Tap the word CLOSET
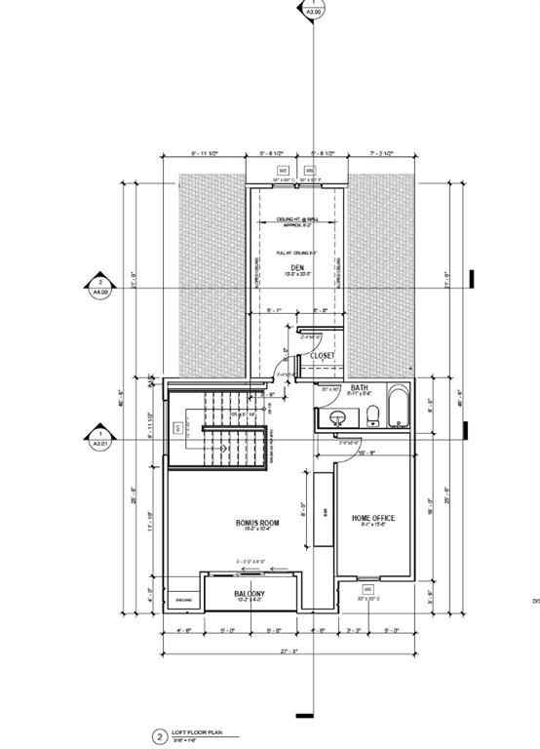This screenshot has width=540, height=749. [x=323, y=357]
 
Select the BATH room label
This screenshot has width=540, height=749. [x=359, y=387]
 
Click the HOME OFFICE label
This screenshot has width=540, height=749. [x=371, y=518]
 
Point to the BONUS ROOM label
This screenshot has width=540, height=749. [x=257, y=524]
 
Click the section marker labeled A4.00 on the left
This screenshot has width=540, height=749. [x=99, y=285]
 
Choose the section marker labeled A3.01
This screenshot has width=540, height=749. [x=99, y=437]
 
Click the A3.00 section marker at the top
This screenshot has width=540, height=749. [x=312, y=11]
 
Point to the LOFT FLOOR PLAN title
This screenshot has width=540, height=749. [x=194, y=731]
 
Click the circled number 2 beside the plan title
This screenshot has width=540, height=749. [x=157, y=737]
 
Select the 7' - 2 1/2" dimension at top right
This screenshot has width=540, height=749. [x=382, y=154]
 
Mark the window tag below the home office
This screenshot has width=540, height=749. [x=367, y=590]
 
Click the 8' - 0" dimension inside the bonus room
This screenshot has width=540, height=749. [x=304, y=507]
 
